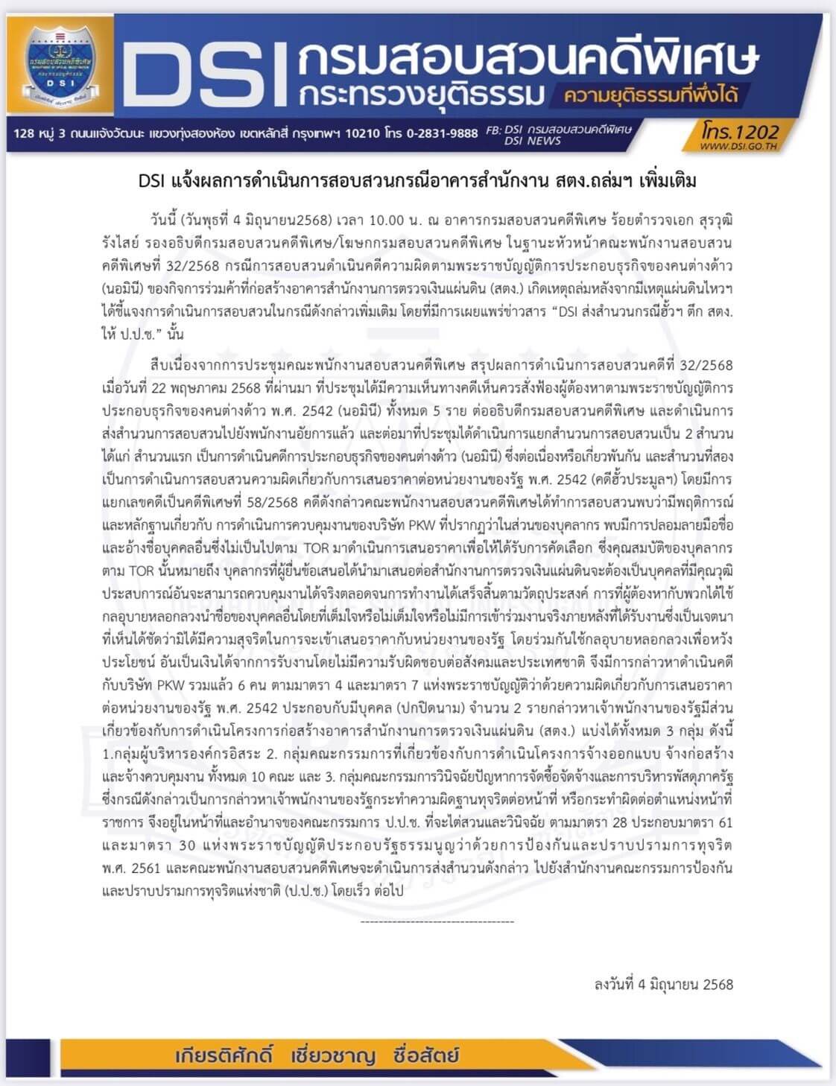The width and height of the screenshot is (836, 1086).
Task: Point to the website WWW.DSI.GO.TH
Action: point(739,146)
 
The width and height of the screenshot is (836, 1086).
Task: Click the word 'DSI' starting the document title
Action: point(153,181)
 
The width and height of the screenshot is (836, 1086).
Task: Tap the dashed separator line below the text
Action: point(437,921)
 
